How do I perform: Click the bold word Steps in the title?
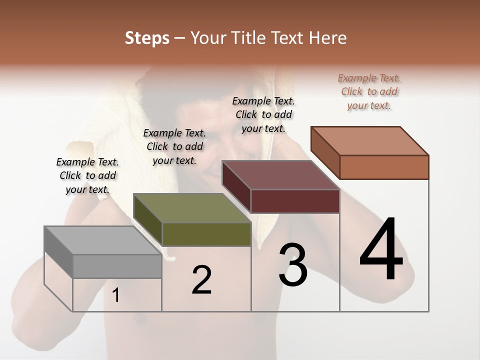(x=147, y=38)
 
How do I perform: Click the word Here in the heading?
(x=328, y=38)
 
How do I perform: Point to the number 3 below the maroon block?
(x=293, y=265)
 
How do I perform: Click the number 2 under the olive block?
(x=201, y=280)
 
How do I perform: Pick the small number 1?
(x=116, y=295)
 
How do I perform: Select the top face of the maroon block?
(x=280, y=175)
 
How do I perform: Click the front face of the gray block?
(x=117, y=266)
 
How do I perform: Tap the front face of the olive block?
(x=206, y=234)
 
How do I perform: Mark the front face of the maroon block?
(x=295, y=201)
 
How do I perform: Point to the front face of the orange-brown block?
(x=384, y=167)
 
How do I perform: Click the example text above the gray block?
(x=87, y=175)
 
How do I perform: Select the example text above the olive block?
(x=174, y=146)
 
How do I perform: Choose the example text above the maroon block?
(x=263, y=114)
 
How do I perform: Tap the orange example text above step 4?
(x=369, y=91)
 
